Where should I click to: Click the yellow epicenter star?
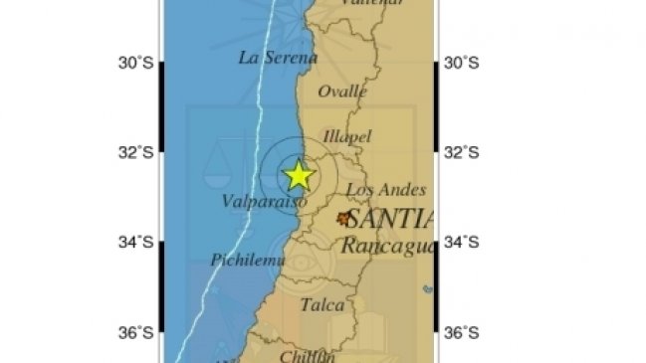coord(298,176)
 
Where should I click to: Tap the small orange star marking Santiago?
coord(344,218)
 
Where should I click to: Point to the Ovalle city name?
coord(343,91)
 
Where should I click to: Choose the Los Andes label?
coord(386,190)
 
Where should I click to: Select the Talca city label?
coord(322,305)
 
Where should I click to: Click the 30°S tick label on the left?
coord(135,63)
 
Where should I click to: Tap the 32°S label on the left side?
coord(135,152)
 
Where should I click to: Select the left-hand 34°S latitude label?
coord(135,242)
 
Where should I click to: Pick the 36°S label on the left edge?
coord(135,332)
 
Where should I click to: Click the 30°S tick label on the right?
coord(461,63)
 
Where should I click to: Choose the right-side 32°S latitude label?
coord(461,152)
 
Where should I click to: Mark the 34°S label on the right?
coord(461,242)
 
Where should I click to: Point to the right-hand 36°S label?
coord(461,332)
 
